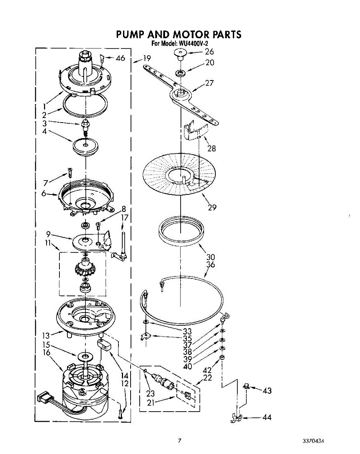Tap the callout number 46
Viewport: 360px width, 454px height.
click(120, 58)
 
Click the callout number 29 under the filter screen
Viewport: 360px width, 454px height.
click(212, 207)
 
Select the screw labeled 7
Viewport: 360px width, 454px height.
click(69, 172)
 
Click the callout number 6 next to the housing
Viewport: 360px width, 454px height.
click(43, 193)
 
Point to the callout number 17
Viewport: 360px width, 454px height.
click(125, 218)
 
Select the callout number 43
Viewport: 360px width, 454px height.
click(267, 390)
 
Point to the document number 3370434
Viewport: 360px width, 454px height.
click(313, 442)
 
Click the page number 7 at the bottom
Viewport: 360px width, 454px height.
click(180, 440)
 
